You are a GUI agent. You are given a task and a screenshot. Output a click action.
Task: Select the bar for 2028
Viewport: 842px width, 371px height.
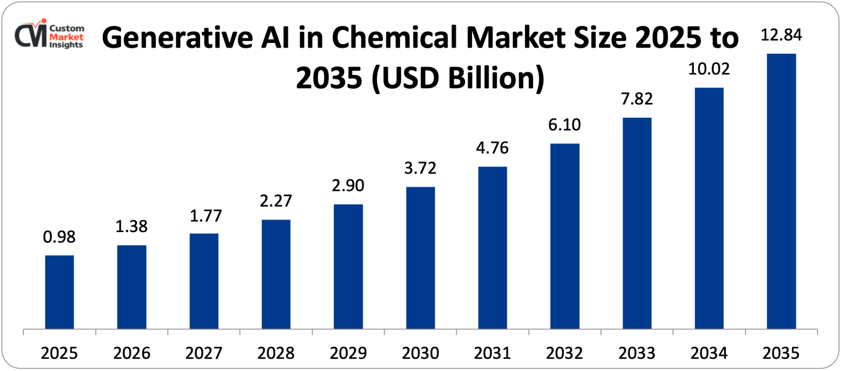pos(276,274)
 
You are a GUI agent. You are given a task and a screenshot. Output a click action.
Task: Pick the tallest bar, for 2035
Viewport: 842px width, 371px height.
pos(781,191)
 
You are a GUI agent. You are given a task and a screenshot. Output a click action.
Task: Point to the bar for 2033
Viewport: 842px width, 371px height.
pos(637,223)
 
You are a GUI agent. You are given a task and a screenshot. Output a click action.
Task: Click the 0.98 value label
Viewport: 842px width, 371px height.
pos(59,237)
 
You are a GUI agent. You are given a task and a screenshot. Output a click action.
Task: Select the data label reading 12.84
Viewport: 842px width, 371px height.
pos(781,35)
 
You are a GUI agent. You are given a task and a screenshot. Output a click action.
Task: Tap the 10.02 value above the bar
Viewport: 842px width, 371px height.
pos(709,69)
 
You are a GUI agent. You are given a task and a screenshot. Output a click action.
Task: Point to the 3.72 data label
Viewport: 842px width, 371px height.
pos(420,168)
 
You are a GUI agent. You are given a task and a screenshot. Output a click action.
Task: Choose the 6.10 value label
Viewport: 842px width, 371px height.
pos(565,125)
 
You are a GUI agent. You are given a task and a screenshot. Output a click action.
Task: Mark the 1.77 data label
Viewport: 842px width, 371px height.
pos(205,216)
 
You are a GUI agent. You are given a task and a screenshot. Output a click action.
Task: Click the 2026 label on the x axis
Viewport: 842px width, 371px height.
pos(131,353)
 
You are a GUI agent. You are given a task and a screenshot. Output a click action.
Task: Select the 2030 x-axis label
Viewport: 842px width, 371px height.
pos(420,353)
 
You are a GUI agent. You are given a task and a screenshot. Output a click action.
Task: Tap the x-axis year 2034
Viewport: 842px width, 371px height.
pos(709,353)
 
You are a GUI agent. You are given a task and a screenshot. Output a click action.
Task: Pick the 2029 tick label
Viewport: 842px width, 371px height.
pos(348,353)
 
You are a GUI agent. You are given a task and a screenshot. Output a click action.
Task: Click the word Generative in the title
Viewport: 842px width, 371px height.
pos(177,38)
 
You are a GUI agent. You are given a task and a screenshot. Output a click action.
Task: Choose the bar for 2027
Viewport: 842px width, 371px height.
pos(204,281)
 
